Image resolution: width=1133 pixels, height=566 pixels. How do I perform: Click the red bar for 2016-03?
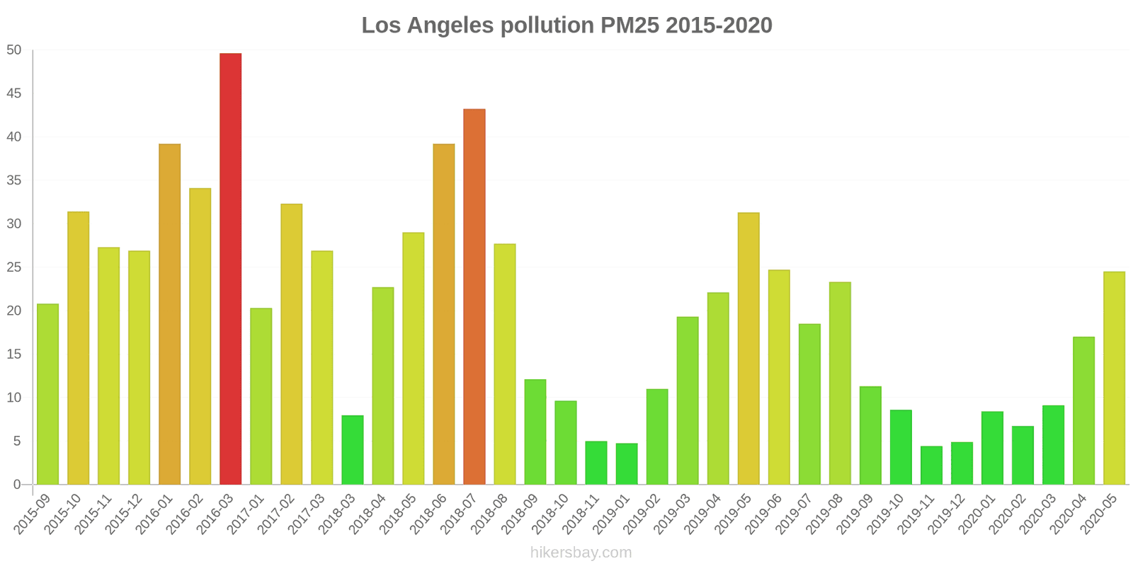[230, 269]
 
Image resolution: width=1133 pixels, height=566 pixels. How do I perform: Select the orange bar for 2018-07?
[474, 297]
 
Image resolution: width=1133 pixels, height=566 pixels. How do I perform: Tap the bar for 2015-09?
[47, 394]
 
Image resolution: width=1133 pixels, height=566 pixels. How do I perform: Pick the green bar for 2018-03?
[353, 450]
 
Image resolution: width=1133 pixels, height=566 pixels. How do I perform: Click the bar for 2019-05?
[748, 349]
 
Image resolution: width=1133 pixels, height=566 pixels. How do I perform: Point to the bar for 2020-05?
[1114, 379]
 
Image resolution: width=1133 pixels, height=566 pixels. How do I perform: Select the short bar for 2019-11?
[931, 466]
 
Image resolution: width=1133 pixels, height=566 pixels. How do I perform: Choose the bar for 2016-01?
[169, 314]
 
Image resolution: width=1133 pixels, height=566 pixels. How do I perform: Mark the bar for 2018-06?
[444, 314]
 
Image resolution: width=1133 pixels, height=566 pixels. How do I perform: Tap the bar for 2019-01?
[627, 464]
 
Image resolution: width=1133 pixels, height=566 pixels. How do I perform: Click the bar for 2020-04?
[1083, 411]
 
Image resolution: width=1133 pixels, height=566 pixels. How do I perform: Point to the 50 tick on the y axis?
[14, 50]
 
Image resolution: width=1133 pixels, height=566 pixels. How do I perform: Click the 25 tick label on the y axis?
[14, 267]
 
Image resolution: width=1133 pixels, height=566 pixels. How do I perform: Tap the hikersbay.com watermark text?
[581, 553]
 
